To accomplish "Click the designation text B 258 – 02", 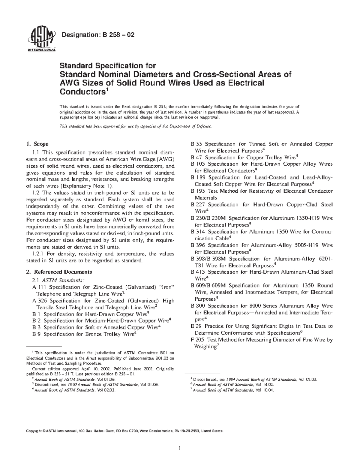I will [x=98, y=35].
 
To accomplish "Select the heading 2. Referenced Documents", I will [x=59, y=272].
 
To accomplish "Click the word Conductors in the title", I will [x=82, y=92].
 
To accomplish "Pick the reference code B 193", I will [x=198, y=191].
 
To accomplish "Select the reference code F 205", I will [x=198, y=340].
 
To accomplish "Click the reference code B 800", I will [x=198, y=306].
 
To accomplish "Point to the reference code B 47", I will [x=196, y=158].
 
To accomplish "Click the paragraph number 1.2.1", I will [x=38, y=254].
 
